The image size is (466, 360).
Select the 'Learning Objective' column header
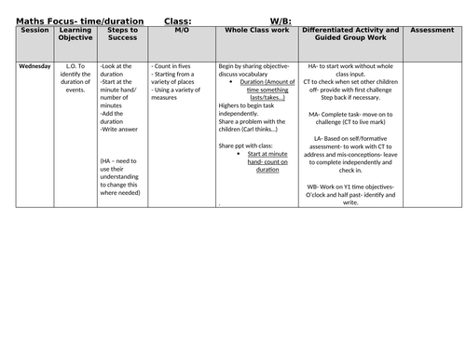point(75,35)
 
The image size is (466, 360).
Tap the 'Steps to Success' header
point(122,35)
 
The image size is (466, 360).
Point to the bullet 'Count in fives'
point(176,67)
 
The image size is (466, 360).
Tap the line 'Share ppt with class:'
point(250,146)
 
